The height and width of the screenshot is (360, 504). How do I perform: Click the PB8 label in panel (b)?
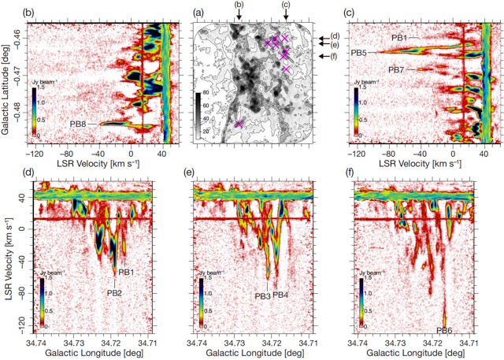click(78, 124)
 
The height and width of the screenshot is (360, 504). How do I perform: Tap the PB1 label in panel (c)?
click(400, 37)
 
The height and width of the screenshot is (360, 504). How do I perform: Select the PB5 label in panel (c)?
click(360, 53)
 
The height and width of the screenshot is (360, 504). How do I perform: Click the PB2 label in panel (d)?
click(114, 291)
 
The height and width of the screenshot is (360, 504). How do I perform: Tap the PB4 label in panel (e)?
click(281, 295)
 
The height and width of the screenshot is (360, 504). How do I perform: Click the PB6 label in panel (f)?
click(444, 329)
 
